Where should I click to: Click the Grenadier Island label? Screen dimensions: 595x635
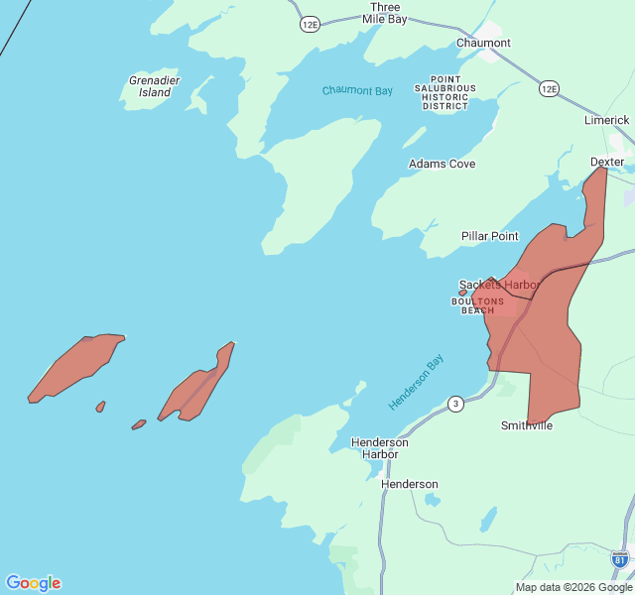click(x=150, y=86)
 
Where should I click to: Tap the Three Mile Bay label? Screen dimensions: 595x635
click(x=384, y=12)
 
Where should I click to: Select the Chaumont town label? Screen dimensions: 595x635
click(x=483, y=43)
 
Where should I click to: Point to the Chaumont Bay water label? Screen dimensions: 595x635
click(x=357, y=91)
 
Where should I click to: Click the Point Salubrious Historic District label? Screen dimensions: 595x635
click(x=451, y=92)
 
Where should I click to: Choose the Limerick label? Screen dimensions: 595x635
click(x=606, y=120)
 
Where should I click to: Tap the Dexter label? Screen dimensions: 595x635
click(x=606, y=162)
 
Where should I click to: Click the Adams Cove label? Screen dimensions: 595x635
click(x=442, y=164)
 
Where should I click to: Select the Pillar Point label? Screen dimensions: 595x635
click(x=489, y=236)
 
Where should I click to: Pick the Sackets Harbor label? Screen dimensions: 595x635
click(x=498, y=285)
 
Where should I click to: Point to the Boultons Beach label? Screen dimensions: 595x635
click(x=477, y=305)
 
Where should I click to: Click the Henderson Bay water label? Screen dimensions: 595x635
click(x=416, y=384)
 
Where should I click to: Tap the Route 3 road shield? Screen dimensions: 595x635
click(x=455, y=404)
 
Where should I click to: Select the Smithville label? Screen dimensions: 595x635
click(x=526, y=425)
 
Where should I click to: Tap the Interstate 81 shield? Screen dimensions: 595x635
click(x=620, y=559)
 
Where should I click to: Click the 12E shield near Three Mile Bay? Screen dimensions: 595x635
click(x=311, y=24)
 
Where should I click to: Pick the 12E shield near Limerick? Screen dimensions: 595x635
click(x=549, y=89)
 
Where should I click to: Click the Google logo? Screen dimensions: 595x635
click(x=33, y=583)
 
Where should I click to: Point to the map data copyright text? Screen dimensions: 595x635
click(x=573, y=587)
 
